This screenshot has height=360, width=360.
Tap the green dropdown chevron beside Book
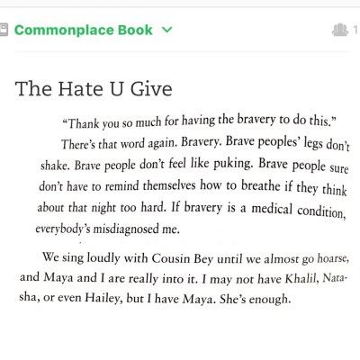point(166,30)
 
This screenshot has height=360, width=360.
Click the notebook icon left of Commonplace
point(4,30)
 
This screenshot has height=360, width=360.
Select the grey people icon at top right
point(339,31)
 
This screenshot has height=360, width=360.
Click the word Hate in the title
point(80,88)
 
